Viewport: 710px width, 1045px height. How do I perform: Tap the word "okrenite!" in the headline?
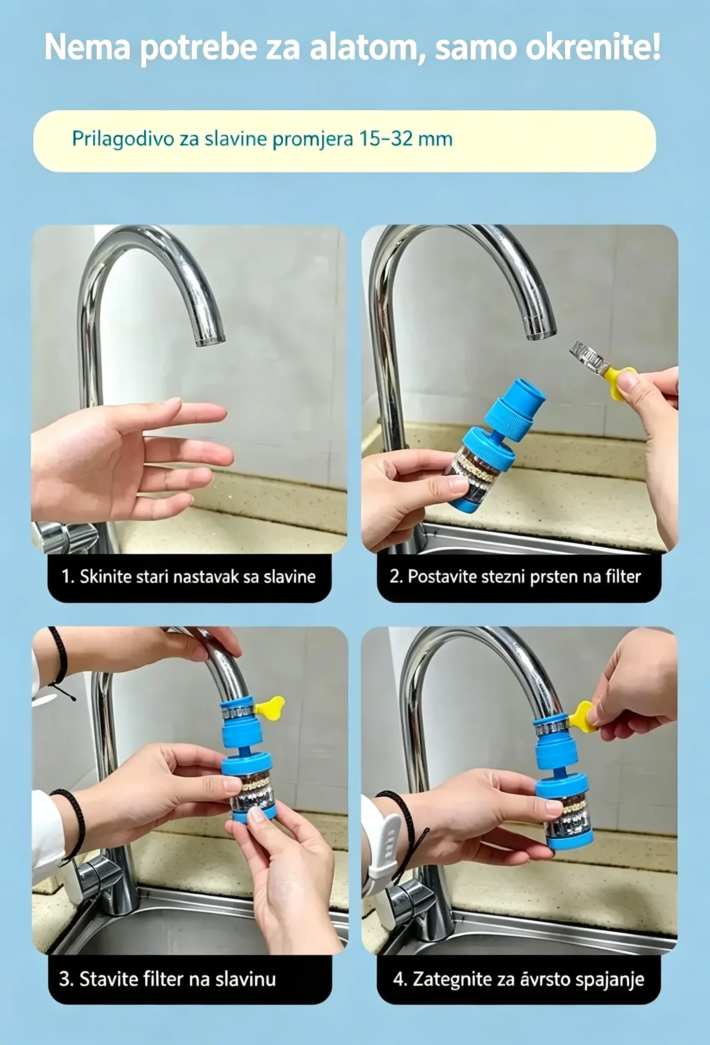coord(593,47)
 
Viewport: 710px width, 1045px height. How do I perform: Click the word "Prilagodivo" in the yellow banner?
coord(123,139)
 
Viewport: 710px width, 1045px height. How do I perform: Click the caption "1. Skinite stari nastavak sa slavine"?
coord(188,577)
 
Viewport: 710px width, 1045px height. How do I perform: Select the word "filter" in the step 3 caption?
coord(162,978)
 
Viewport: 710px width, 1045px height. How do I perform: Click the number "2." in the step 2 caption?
coord(396,577)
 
